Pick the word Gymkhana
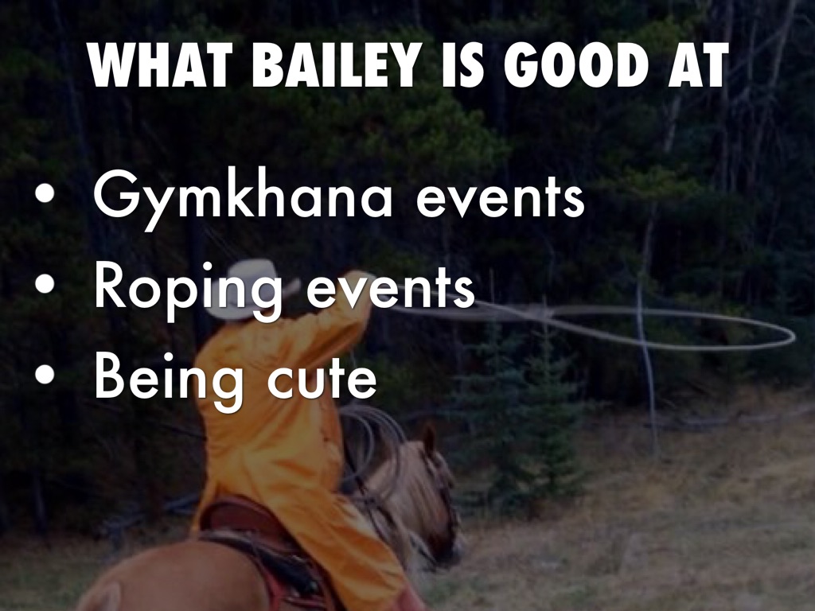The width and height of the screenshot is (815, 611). [x=243, y=198]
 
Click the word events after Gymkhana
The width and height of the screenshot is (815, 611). [x=500, y=200]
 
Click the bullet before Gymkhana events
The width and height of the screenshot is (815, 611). [x=45, y=194]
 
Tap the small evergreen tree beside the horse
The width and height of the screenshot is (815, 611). [x=520, y=415]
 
